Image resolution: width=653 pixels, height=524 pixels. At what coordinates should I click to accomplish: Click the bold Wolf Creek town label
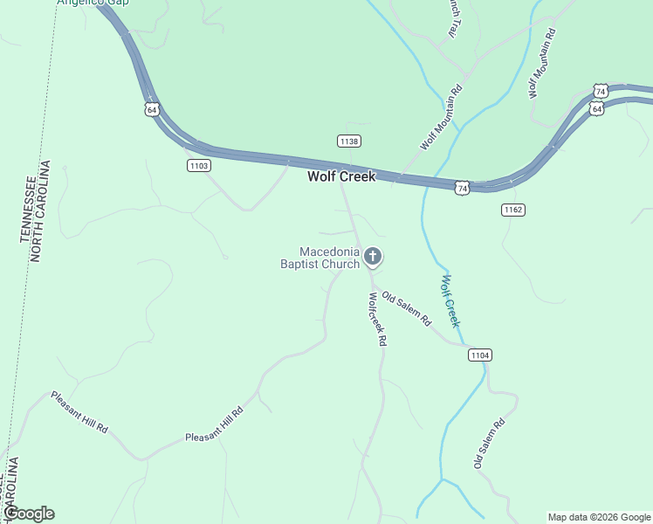[x=341, y=176]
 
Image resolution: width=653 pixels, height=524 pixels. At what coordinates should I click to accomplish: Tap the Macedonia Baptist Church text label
[x=320, y=258]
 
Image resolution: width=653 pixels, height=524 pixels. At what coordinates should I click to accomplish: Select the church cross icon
[x=373, y=257]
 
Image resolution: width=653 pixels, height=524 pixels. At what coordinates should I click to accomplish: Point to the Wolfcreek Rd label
[x=376, y=319]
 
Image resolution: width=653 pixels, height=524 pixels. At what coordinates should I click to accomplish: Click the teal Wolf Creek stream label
[x=450, y=300]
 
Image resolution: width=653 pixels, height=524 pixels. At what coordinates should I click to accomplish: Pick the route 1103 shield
[x=199, y=165]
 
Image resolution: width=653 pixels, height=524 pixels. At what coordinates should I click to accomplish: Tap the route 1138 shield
[x=349, y=141]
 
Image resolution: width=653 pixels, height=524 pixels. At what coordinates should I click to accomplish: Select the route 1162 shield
[x=512, y=210]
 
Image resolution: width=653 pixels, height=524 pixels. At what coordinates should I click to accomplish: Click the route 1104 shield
[x=479, y=355]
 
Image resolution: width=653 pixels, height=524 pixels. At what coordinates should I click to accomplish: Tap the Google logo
[x=29, y=514]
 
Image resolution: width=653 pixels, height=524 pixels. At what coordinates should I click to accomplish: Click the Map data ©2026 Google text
[x=599, y=517]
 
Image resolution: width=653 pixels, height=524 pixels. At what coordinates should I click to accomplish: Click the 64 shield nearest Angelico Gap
[x=152, y=109]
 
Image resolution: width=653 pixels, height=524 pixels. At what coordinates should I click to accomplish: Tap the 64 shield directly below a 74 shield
[x=596, y=108]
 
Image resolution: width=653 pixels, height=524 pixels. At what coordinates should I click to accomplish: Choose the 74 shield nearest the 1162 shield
[x=462, y=187]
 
